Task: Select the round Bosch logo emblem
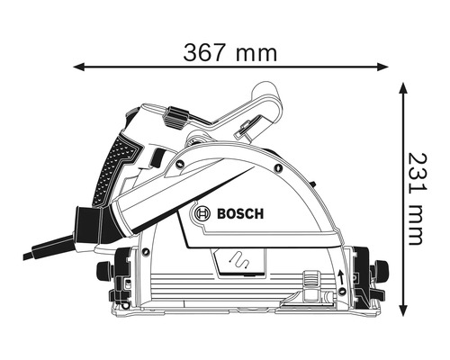coord(203,214)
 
